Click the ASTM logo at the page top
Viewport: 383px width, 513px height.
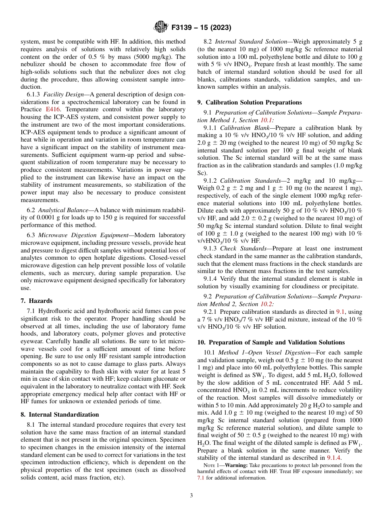tap(161, 27)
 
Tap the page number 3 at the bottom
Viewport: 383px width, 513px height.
tap(191, 495)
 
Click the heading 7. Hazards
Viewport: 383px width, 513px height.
tap(36, 301)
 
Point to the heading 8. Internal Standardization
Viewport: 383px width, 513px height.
tap(59, 414)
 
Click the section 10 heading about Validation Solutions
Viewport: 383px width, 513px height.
tap(271, 342)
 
